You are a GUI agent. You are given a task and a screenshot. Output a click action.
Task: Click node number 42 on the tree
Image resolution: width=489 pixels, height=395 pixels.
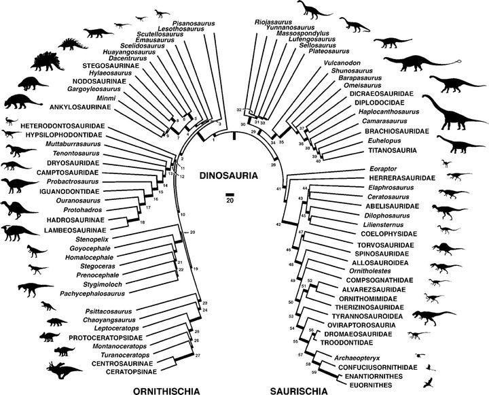278,223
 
